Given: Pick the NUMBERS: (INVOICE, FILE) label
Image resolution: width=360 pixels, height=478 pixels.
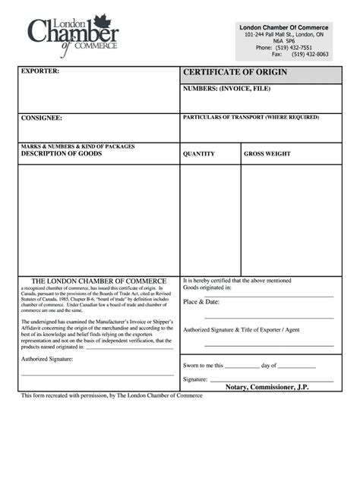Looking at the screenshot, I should (x=226, y=89).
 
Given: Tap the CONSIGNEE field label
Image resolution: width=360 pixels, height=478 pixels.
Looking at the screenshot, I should (x=41, y=118).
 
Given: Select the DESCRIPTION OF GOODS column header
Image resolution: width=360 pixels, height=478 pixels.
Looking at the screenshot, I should (x=61, y=153).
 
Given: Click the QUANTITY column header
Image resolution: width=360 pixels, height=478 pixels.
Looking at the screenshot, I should (x=199, y=154).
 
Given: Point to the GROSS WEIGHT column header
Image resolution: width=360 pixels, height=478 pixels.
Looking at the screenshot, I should (x=267, y=154).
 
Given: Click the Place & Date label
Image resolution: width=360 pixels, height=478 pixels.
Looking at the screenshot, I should (x=201, y=302).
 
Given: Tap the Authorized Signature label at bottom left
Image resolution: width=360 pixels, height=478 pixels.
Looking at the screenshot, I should (x=47, y=359).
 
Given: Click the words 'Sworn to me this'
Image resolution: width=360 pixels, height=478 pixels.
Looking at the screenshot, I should (x=204, y=366).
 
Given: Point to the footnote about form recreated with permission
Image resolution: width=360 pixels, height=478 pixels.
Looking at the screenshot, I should (x=112, y=396).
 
